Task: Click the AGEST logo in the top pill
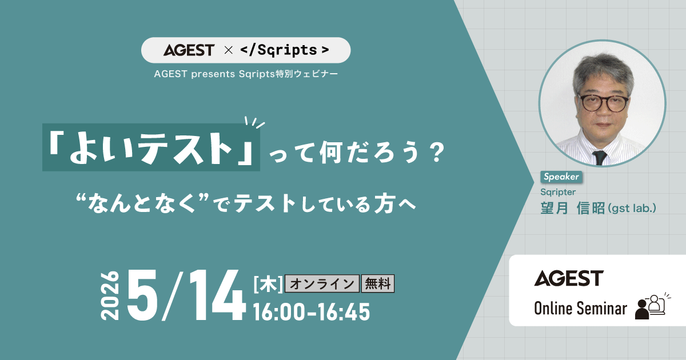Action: (189, 50)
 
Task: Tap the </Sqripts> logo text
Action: (284, 50)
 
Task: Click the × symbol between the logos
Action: (228, 50)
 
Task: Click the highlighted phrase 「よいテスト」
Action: (151, 149)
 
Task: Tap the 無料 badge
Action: (378, 284)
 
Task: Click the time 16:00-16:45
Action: (312, 312)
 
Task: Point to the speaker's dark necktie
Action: (599, 156)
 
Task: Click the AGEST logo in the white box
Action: (569, 278)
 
